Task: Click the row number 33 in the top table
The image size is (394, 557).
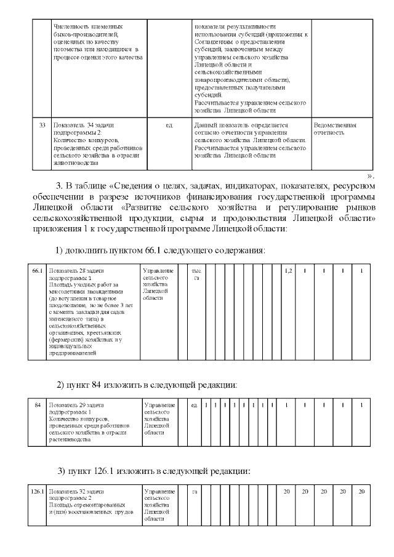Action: point(42,125)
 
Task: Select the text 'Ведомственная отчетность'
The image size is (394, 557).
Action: point(335,129)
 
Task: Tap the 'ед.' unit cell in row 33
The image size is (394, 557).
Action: point(169,125)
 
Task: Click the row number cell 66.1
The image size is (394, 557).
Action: point(37,271)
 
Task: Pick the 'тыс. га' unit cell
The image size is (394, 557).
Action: point(196,274)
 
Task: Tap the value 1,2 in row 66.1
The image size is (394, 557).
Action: point(288,271)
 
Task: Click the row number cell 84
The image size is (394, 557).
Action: point(38,405)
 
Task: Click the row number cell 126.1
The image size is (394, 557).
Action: point(37,491)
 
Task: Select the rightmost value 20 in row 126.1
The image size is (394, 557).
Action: point(362,491)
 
